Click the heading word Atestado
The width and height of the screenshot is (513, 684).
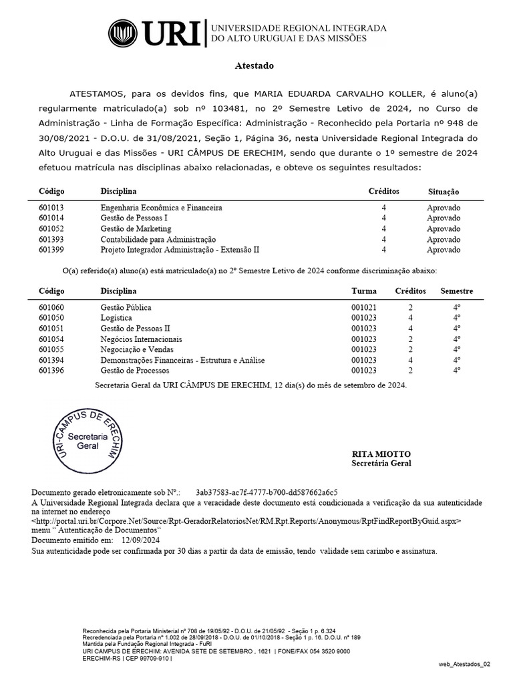tap(254, 66)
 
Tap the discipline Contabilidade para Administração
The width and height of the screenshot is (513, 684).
tap(158, 239)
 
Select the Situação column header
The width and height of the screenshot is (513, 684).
tap(444, 192)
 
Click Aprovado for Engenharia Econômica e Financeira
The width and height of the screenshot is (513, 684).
tap(444, 208)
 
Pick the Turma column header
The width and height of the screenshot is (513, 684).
tap(364, 291)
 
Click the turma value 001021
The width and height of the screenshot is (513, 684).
tap(364, 307)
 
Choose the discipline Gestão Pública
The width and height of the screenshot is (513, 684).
tap(126, 307)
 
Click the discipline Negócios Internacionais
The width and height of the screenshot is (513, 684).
tap(140, 339)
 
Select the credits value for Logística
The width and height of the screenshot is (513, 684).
tap(411, 318)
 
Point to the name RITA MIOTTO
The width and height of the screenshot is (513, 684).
tap(378, 454)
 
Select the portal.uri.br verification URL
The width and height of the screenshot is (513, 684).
tap(246, 519)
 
